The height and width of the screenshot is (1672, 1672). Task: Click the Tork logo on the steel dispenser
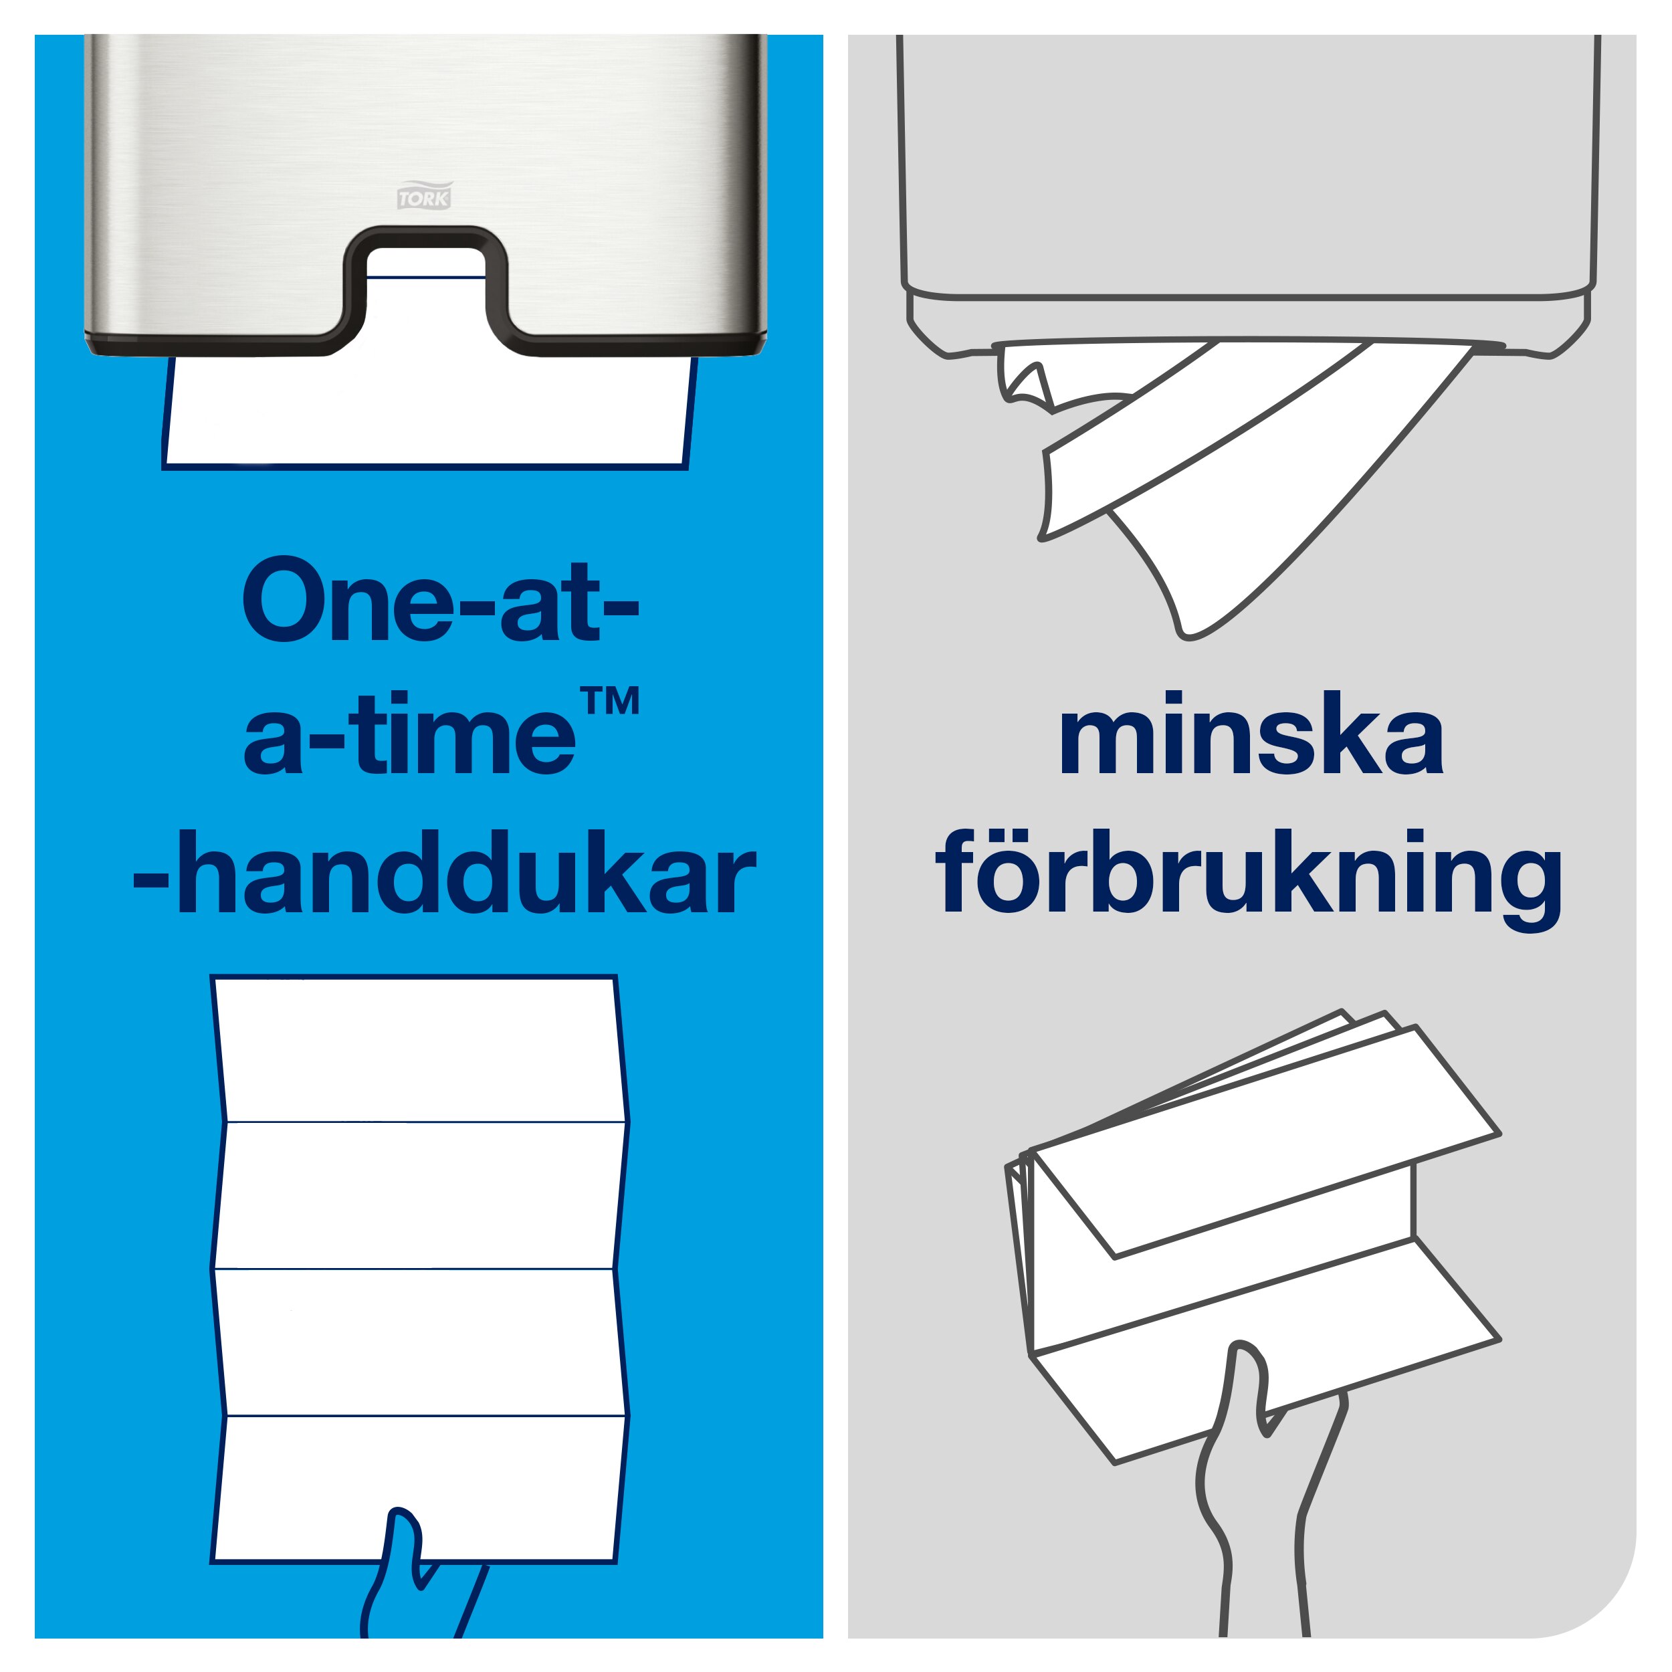click(424, 195)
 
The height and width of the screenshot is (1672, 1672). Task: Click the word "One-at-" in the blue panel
click(439, 601)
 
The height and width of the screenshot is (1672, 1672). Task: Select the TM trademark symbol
click(610, 701)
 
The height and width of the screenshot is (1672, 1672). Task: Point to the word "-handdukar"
click(444, 871)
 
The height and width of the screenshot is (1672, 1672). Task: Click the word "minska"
click(1251, 735)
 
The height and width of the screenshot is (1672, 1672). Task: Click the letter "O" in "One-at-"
click(285, 601)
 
